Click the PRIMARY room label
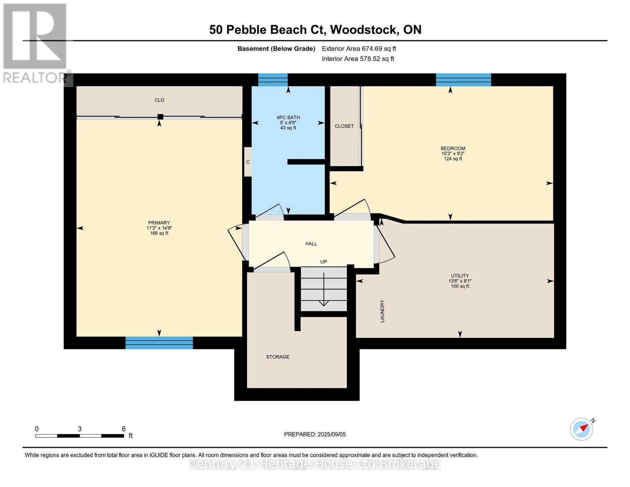coord(159,223)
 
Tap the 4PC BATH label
coord(288,118)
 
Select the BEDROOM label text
coord(453,149)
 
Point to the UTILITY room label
coord(460,276)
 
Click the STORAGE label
coord(277,357)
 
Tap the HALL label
coord(311,244)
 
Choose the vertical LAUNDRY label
coord(382,311)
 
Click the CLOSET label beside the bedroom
coord(344,126)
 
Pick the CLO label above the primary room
coord(159,100)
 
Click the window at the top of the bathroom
coord(273,80)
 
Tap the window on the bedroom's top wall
coord(463,80)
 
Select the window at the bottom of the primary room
coord(159,343)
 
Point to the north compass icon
coord(582,429)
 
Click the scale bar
coord(80,436)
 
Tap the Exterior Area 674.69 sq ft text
coord(359,49)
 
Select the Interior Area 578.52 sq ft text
coord(358,59)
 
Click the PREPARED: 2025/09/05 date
coord(315,435)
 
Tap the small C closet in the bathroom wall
coord(247,162)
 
